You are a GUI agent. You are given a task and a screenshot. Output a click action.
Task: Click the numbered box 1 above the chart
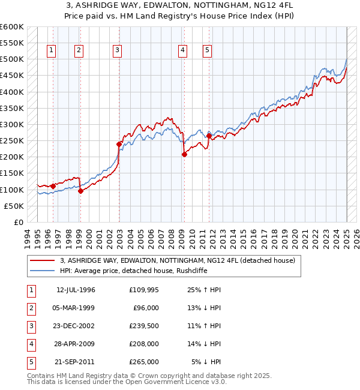52,51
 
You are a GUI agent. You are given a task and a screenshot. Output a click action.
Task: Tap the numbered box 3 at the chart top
118,51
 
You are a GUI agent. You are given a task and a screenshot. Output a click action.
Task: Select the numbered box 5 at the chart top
207,51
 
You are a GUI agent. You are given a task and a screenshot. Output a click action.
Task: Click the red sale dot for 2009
184,154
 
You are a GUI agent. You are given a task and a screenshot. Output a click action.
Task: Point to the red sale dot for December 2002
119,144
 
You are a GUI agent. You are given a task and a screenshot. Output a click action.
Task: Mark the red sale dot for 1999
80,191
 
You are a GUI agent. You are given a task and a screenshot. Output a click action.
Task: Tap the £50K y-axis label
14,206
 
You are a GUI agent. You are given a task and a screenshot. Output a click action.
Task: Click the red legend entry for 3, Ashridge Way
177,260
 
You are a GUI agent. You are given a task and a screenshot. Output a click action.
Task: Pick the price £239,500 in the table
144,326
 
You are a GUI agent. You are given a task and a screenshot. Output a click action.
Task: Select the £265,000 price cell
144,362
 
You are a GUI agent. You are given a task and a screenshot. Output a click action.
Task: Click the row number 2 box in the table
31,308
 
